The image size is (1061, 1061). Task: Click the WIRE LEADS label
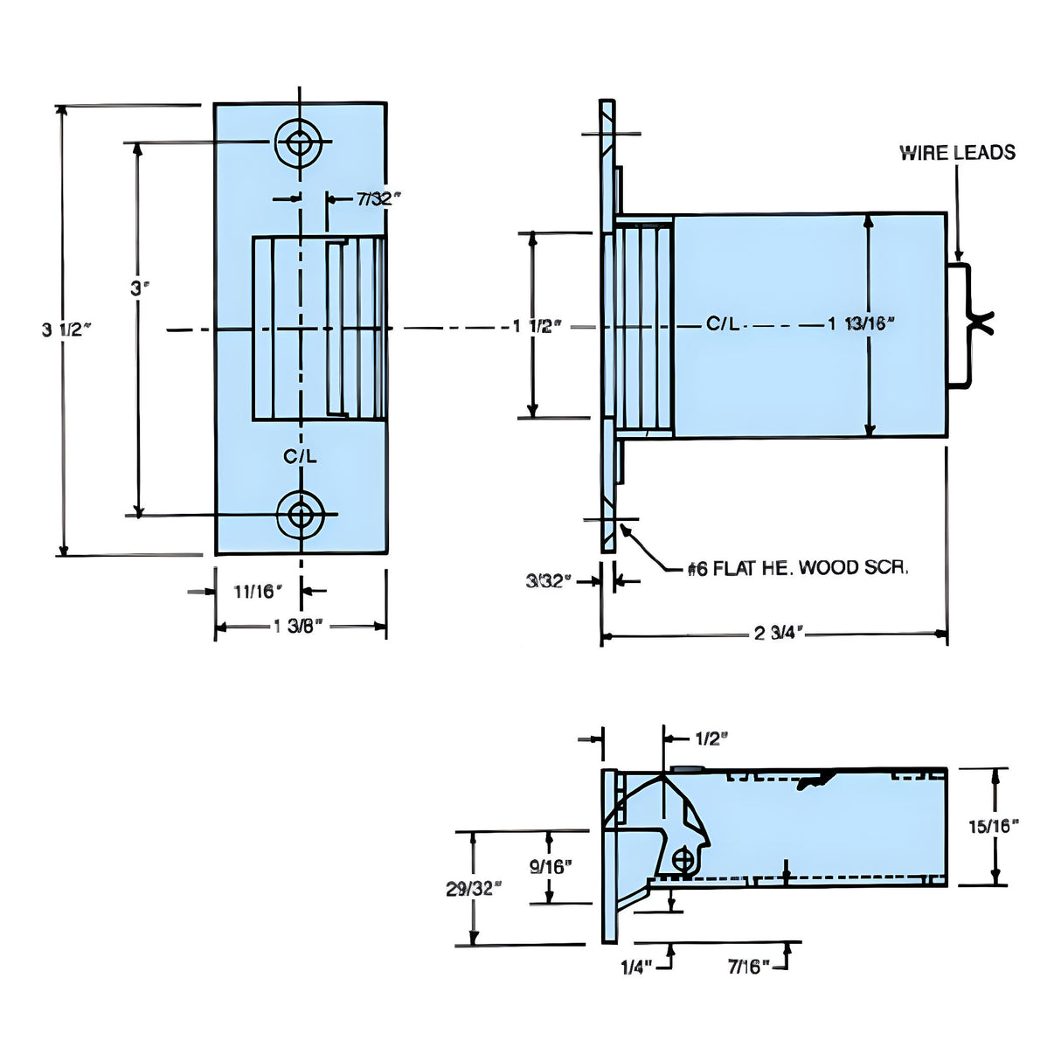point(957,153)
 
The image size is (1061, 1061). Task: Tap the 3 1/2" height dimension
point(66,329)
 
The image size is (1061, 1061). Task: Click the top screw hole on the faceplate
point(300,141)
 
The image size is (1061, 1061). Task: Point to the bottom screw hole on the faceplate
point(301,515)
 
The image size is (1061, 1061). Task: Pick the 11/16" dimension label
point(257,592)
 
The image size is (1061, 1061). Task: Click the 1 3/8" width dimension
point(299,626)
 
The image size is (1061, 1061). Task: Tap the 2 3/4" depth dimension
point(776,633)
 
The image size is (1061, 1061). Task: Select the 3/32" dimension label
point(548,581)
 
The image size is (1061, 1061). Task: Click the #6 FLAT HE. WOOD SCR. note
point(798,568)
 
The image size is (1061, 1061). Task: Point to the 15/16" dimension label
point(994,826)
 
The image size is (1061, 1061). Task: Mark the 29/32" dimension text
point(474,889)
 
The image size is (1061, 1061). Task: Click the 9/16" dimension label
point(551,866)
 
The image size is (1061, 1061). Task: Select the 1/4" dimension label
point(636,967)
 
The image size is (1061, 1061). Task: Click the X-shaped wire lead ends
point(981,324)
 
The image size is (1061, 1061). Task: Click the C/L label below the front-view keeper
point(300,456)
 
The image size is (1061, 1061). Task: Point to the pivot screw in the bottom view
point(683,861)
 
